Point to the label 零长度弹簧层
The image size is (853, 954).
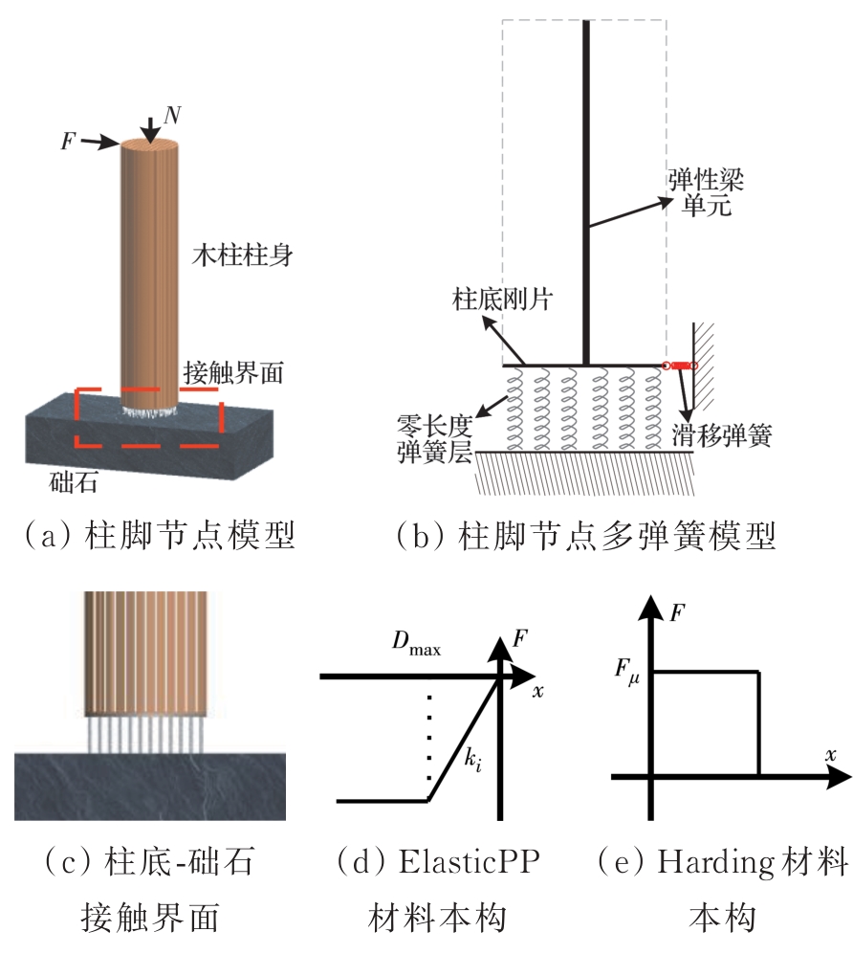click(x=434, y=436)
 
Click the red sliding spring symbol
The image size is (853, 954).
click(x=679, y=365)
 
